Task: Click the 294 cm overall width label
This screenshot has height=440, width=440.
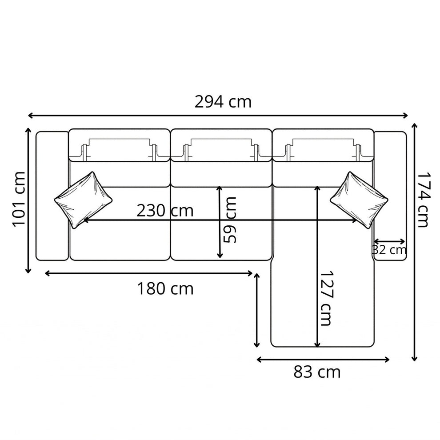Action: (x=223, y=102)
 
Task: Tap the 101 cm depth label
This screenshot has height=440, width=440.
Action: (x=19, y=199)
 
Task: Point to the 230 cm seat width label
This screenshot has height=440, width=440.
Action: (x=165, y=211)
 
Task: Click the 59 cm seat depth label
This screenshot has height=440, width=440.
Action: (x=230, y=220)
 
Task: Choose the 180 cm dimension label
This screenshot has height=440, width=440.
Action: (x=165, y=288)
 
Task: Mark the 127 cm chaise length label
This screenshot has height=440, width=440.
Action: (x=326, y=298)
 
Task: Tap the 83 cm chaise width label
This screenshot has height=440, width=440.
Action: (x=317, y=372)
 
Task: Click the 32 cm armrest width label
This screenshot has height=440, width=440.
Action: (x=389, y=250)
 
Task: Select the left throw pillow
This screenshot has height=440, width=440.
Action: (x=84, y=200)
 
